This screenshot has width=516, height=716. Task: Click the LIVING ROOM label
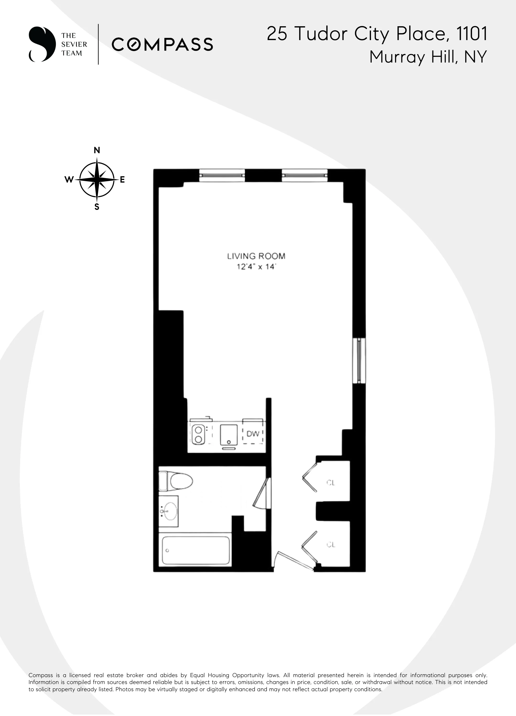pyautogui.click(x=256, y=256)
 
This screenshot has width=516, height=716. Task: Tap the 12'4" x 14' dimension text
pyautogui.click(x=256, y=267)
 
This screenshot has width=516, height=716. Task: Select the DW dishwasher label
pyautogui.click(x=253, y=434)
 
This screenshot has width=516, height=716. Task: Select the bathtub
pyautogui.click(x=196, y=551)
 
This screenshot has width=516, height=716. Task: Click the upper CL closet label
pyautogui.click(x=331, y=483)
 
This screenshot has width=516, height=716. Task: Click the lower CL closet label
pyautogui.click(x=331, y=545)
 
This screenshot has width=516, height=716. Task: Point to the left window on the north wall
pyautogui.click(x=222, y=175)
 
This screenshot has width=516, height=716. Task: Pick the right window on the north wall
pyautogui.click(x=304, y=175)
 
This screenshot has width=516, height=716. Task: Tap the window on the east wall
pyautogui.click(x=359, y=361)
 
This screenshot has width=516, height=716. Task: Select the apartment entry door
pyautogui.click(x=294, y=562)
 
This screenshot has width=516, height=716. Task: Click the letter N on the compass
pyautogui.click(x=97, y=150)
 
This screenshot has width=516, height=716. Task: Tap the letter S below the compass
pyautogui.click(x=97, y=207)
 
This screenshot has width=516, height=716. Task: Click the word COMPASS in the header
pyautogui.click(x=162, y=45)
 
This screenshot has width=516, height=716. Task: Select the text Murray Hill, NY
pyautogui.click(x=428, y=57)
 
